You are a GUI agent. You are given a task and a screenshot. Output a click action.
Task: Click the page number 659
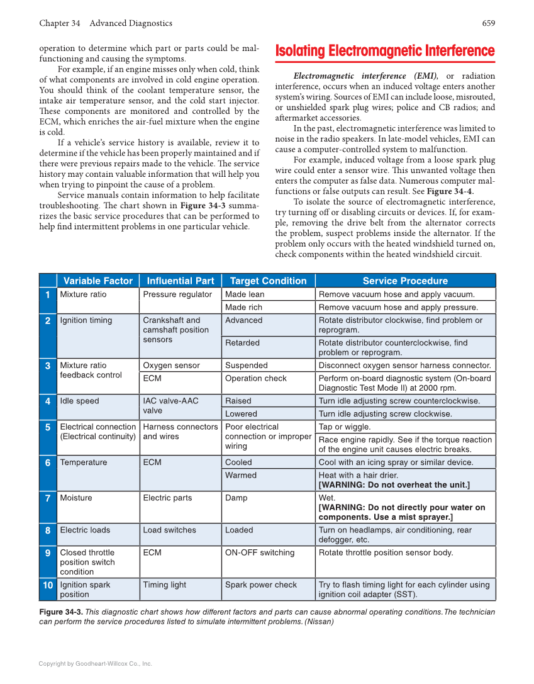[x=488, y=23]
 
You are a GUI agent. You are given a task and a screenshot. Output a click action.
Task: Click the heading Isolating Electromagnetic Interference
[x=385, y=51]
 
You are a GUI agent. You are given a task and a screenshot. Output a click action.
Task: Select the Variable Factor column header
[x=97, y=281]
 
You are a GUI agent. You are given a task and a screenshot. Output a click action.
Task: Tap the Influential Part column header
[x=180, y=281]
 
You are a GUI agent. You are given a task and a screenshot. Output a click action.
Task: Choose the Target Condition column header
[x=268, y=281]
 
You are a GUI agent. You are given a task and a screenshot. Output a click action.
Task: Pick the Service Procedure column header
[x=405, y=281]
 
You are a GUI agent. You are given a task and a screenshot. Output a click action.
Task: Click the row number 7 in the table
[x=48, y=498]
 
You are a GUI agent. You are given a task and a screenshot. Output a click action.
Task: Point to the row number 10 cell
[x=48, y=585]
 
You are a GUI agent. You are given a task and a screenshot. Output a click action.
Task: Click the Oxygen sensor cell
[x=171, y=366]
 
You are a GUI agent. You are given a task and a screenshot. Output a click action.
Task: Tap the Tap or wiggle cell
[x=345, y=427]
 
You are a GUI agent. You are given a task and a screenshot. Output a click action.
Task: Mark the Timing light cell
[x=164, y=585]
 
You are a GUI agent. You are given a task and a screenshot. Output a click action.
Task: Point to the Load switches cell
[x=169, y=530]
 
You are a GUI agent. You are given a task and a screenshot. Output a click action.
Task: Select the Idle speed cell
[x=79, y=401]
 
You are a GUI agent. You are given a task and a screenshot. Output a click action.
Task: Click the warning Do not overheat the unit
[x=394, y=485]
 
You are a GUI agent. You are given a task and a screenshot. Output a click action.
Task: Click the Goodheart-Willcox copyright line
[x=95, y=663]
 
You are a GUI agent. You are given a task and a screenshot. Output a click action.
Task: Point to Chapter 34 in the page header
[x=59, y=23]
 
